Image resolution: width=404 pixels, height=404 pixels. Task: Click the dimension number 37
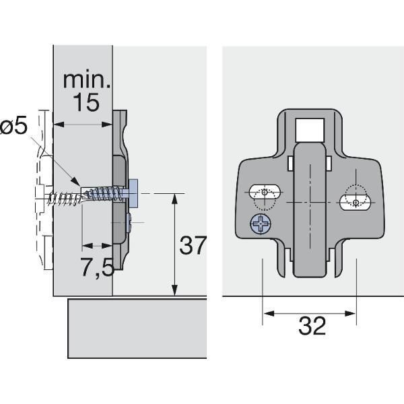click(x=193, y=245)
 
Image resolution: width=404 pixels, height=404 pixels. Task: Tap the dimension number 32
click(x=312, y=325)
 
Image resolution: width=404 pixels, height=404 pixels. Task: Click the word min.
click(x=87, y=80)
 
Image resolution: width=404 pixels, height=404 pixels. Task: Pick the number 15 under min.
click(x=86, y=102)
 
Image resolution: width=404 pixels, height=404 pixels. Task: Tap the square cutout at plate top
click(x=310, y=130)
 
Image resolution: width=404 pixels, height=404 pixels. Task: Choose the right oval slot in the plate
click(x=355, y=203)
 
